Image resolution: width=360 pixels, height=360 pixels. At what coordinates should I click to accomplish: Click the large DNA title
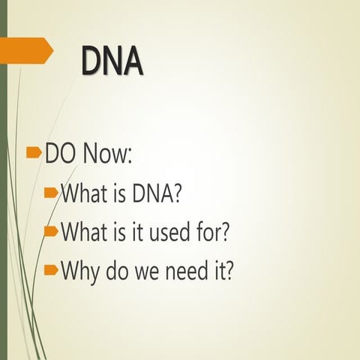pos(112,61)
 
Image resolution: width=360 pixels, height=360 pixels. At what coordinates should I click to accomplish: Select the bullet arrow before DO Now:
pos(34,153)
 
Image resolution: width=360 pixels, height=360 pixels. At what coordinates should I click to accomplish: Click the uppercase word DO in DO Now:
pos(61,154)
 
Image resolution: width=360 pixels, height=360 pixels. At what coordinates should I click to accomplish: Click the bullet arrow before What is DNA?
pos(51,193)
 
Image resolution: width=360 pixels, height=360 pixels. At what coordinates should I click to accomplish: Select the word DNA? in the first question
pos(157,194)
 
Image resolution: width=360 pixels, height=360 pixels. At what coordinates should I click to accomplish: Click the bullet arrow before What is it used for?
pos(51,231)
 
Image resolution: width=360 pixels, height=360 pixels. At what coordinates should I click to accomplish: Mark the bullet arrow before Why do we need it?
pos(51,268)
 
